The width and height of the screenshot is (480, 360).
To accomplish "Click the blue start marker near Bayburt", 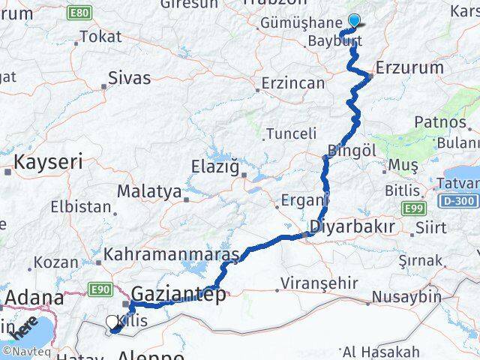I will [x=354, y=21].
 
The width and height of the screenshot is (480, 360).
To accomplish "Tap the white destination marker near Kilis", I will [x=112, y=322].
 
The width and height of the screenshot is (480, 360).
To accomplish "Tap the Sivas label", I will [x=129, y=78].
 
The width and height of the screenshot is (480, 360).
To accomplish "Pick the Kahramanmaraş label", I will [x=172, y=255].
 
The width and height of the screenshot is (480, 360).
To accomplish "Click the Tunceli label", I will [x=289, y=134].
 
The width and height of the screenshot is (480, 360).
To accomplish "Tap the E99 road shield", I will [x=414, y=208].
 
